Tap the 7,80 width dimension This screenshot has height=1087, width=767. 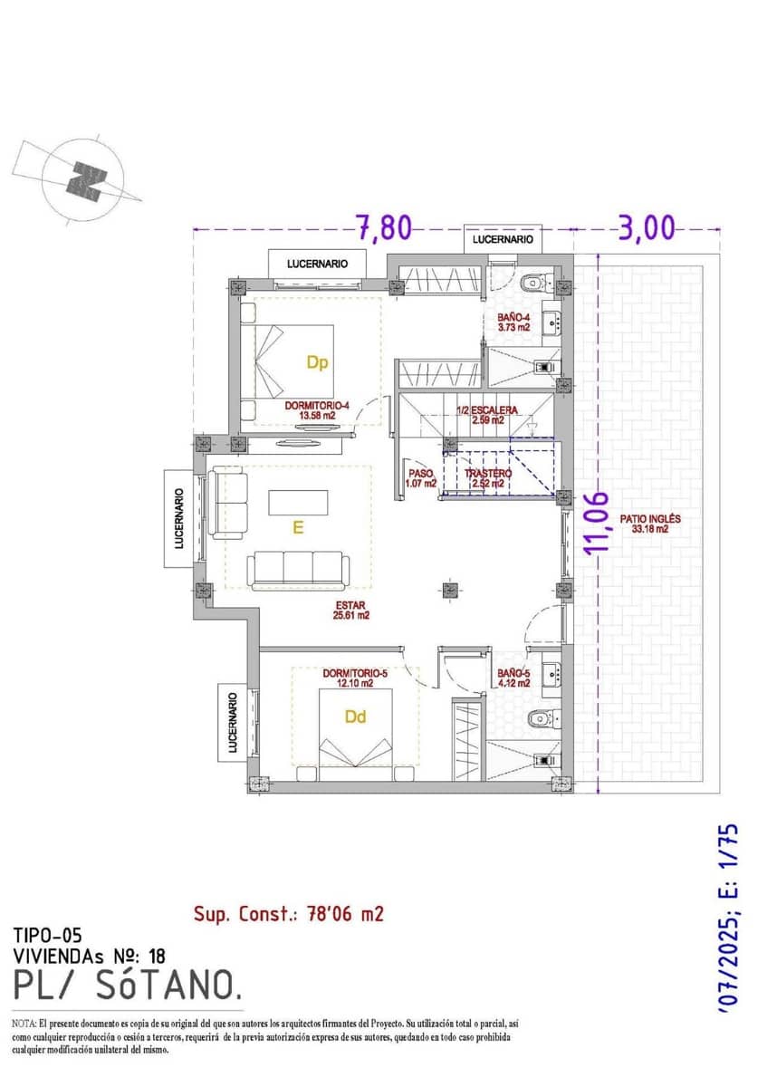tap(384, 228)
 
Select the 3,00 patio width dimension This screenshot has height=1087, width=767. tap(647, 228)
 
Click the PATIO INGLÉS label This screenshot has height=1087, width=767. tap(649, 524)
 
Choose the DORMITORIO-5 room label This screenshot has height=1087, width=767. tap(355, 678)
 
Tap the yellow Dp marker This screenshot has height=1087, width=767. tap(316, 363)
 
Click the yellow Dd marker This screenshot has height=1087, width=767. tap(356, 717)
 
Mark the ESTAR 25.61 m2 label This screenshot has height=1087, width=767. tap(352, 609)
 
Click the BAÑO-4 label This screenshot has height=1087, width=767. tap(513, 322)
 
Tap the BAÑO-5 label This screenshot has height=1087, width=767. tap(513, 678)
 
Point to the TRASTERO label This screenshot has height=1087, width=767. tap(488, 478)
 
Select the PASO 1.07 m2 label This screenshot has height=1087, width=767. tap(421, 478)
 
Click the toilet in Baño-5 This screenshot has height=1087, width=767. tap(541, 718)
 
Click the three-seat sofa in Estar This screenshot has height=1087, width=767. tap(299, 568)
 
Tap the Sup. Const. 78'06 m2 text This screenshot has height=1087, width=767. tap(289, 914)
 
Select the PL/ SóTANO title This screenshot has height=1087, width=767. tap(127, 984)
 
